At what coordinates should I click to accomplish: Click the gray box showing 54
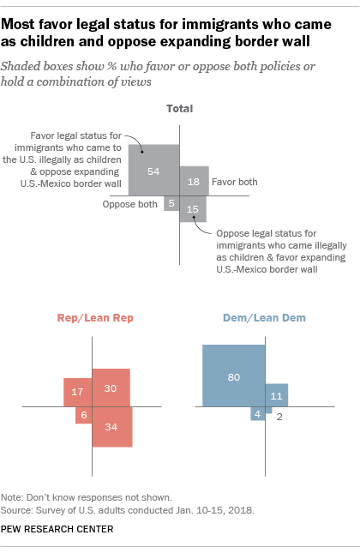154,171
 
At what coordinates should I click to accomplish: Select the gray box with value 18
195,181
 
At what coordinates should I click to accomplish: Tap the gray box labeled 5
171,203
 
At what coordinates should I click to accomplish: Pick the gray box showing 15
193,209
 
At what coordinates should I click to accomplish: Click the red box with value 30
111,388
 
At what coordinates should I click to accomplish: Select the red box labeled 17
77,392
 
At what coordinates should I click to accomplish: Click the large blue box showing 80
234,376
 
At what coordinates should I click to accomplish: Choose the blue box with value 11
276,395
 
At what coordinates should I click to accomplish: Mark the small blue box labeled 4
257,414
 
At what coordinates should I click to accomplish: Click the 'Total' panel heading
179,109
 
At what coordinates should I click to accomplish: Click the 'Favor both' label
235,182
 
